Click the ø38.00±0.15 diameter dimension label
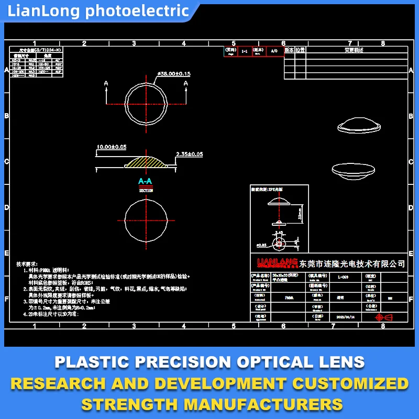click(x=174, y=74)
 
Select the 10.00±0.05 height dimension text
click(x=112, y=147)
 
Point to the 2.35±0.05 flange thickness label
click(x=189, y=154)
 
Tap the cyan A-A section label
click(x=145, y=181)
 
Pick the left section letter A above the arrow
click(x=106, y=83)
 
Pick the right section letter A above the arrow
click(x=185, y=83)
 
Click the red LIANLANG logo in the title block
click(x=277, y=262)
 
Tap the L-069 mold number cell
click(x=343, y=277)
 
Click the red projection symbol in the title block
click(x=384, y=317)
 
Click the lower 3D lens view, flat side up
click(x=355, y=169)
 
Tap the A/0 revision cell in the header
click(x=273, y=51)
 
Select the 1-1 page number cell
click(x=244, y=51)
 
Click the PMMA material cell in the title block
click(x=289, y=297)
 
